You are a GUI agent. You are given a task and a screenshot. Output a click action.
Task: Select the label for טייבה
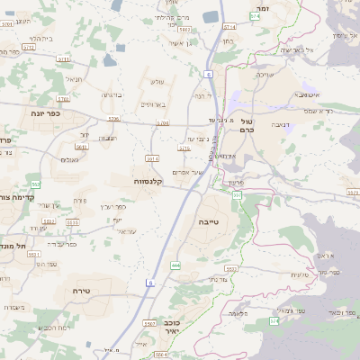click(x=209, y=220)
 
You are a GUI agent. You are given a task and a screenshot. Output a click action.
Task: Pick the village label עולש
click(x=156, y=83)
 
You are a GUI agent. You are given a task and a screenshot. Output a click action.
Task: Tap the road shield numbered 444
click(x=175, y=265)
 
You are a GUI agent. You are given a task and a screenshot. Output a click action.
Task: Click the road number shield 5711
click(x=64, y=59)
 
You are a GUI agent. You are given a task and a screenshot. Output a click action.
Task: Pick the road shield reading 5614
click(x=152, y=158)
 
